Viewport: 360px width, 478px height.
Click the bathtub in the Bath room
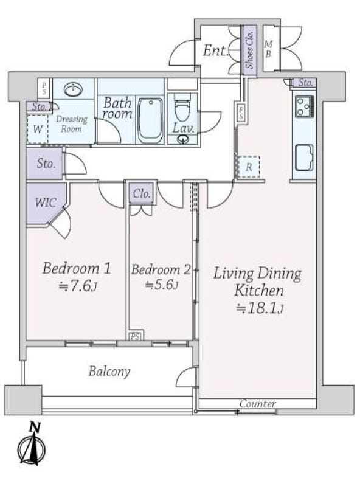coord(150,121)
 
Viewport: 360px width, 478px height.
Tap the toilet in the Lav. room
coord(182,107)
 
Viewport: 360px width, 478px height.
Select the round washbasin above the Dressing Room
coord(73,89)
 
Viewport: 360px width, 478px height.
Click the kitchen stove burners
coord(304,106)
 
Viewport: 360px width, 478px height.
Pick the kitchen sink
coord(304,157)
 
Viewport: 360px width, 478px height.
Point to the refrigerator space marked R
coord(249,167)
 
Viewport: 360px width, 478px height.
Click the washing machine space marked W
coord(38,129)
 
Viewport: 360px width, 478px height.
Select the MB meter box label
coord(268,49)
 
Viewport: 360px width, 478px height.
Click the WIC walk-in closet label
coord(46,203)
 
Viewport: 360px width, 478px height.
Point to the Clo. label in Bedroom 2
coord(142,194)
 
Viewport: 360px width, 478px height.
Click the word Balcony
coord(109,372)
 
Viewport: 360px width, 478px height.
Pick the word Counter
coord(258,404)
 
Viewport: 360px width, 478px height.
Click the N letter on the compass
coord(35,427)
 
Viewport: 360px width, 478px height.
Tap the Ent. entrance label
coord(216,50)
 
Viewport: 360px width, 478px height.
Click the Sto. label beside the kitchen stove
coord(305,83)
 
